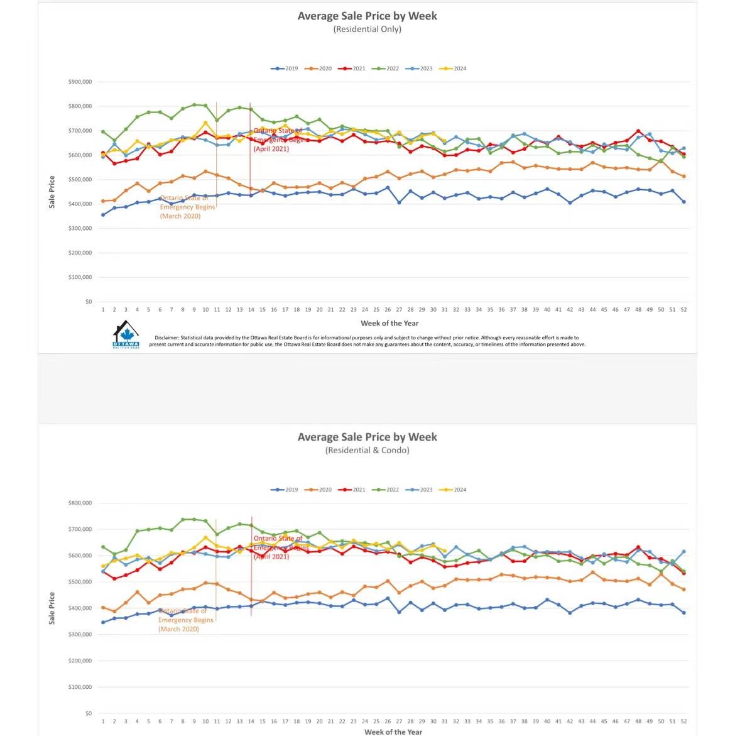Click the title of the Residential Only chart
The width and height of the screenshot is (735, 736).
pyautogui.click(x=367, y=16)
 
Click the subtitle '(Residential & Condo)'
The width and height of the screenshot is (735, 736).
pyautogui.click(x=367, y=450)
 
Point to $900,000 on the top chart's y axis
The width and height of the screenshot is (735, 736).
pyautogui.click(x=80, y=82)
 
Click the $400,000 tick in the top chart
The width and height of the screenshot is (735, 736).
pyautogui.click(x=80, y=204)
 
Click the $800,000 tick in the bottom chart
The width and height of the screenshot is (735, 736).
pyautogui.click(x=80, y=503)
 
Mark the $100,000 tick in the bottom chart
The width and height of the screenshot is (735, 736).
pyautogui.click(x=80, y=687)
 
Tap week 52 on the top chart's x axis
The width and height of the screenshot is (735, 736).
pyautogui.click(x=683, y=310)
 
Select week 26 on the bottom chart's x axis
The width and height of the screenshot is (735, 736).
pyautogui.click(x=388, y=722)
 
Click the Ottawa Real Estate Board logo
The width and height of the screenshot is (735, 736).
pyautogui.click(x=126, y=334)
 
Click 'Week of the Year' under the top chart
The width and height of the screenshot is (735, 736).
pyautogui.click(x=389, y=323)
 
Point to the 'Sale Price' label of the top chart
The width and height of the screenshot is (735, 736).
pyautogui.click(x=52, y=192)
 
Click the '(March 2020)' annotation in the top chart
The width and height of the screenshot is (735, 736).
pyautogui.click(x=180, y=216)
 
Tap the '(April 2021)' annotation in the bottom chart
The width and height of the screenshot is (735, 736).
pyautogui.click(x=271, y=557)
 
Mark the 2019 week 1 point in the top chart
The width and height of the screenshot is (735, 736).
pyautogui.click(x=103, y=215)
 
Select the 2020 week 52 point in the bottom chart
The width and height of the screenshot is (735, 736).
pyautogui.click(x=683, y=590)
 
